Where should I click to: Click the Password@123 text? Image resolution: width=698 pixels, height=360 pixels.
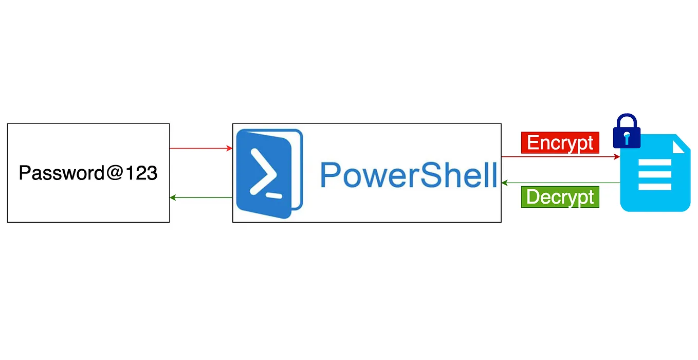[x=88, y=173]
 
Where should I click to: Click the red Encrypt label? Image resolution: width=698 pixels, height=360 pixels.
[x=560, y=142]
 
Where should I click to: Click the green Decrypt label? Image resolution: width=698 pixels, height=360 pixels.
[x=560, y=197]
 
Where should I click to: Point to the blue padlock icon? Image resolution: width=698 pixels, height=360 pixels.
[x=626, y=132]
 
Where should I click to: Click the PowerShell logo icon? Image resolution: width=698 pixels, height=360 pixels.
[x=269, y=172]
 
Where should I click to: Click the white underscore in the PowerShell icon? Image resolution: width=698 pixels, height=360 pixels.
[x=274, y=195]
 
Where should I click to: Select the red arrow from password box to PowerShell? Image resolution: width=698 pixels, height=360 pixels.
[x=200, y=149]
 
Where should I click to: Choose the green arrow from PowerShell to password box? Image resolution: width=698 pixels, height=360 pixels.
[x=200, y=197]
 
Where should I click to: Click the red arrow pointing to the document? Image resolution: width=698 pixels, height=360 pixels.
[x=560, y=156]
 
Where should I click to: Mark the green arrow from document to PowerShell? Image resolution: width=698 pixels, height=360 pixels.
[x=560, y=183]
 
